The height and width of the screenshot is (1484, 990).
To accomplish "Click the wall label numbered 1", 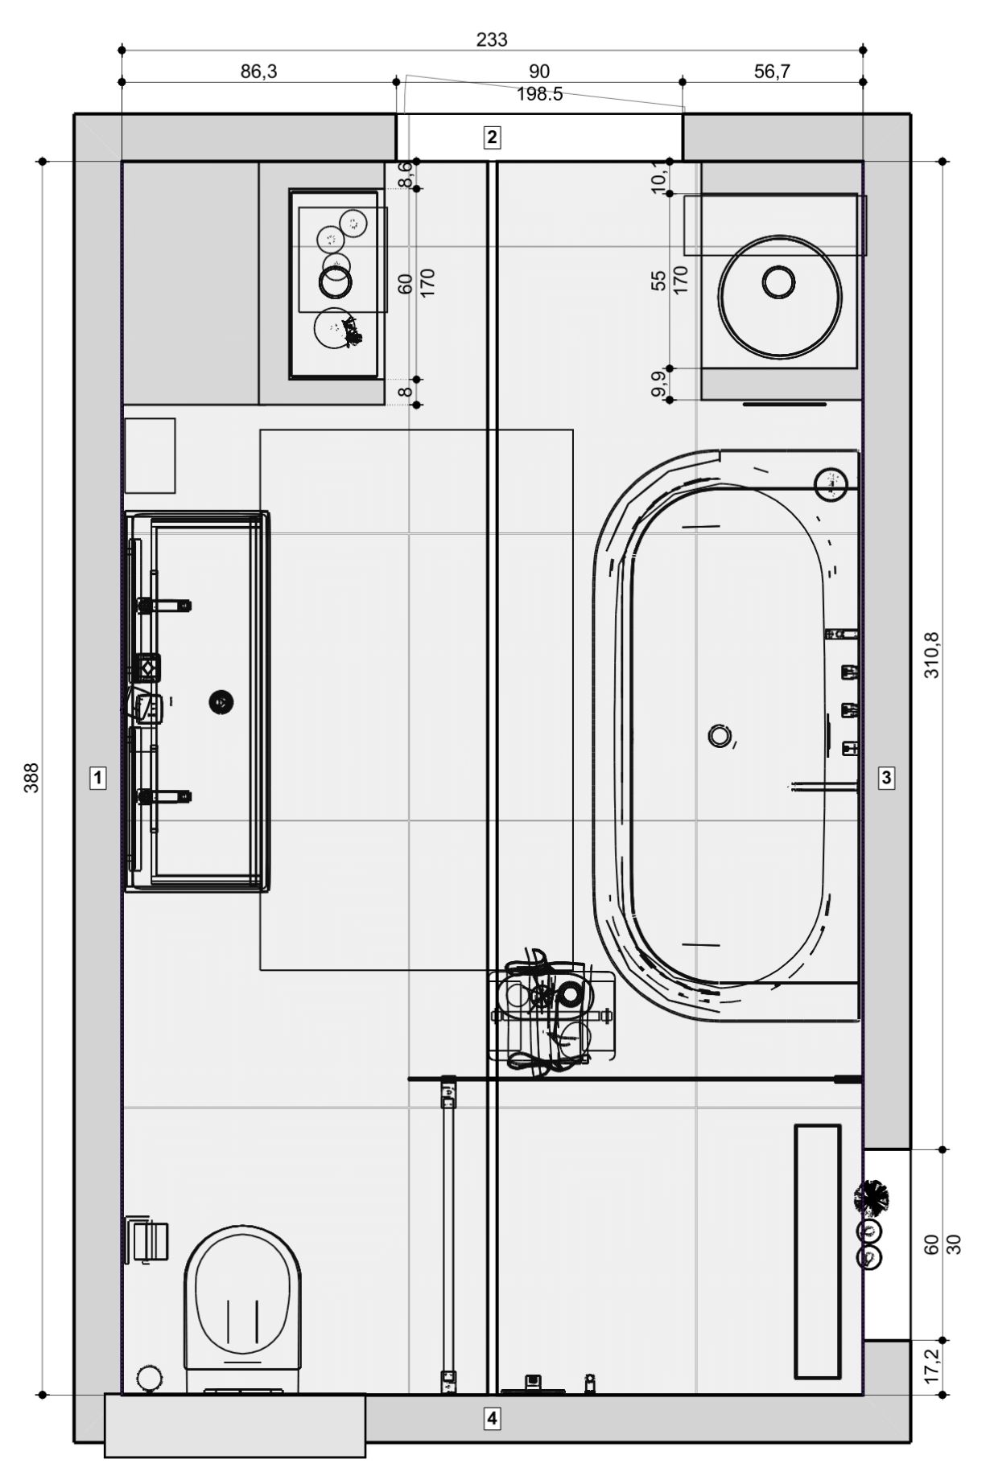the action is pyautogui.click(x=97, y=778).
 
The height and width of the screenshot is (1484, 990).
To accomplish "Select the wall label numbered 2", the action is pyautogui.click(x=491, y=137).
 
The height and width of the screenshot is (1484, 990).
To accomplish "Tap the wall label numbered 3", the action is pyautogui.click(x=886, y=778).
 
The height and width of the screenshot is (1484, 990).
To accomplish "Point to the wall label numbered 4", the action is pyautogui.click(x=491, y=1418).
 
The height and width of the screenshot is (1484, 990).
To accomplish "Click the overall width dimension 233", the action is pyautogui.click(x=492, y=39).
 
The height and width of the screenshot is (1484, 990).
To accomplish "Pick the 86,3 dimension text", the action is pyautogui.click(x=258, y=72).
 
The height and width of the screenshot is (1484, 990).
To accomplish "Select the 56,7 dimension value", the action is pyautogui.click(x=772, y=72).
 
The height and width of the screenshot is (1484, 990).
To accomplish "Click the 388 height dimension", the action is pyautogui.click(x=31, y=778).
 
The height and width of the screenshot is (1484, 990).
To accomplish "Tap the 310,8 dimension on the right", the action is pyautogui.click(x=931, y=655).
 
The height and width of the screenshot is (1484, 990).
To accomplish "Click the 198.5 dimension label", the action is pyautogui.click(x=539, y=95).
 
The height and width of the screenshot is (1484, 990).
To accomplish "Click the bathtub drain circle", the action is pyautogui.click(x=719, y=735).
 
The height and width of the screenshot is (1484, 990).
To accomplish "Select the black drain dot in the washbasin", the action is pyautogui.click(x=221, y=702).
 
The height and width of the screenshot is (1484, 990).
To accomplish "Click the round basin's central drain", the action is pyautogui.click(x=778, y=282).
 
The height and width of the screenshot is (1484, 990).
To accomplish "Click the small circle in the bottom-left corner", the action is pyautogui.click(x=148, y=1378).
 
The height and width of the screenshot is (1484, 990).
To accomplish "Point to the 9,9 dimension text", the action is pyautogui.click(x=659, y=384).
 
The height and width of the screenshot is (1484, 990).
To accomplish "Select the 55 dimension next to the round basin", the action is pyautogui.click(x=659, y=280).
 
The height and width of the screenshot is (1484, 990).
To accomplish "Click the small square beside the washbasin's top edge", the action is pyautogui.click(x=150, y=455).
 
